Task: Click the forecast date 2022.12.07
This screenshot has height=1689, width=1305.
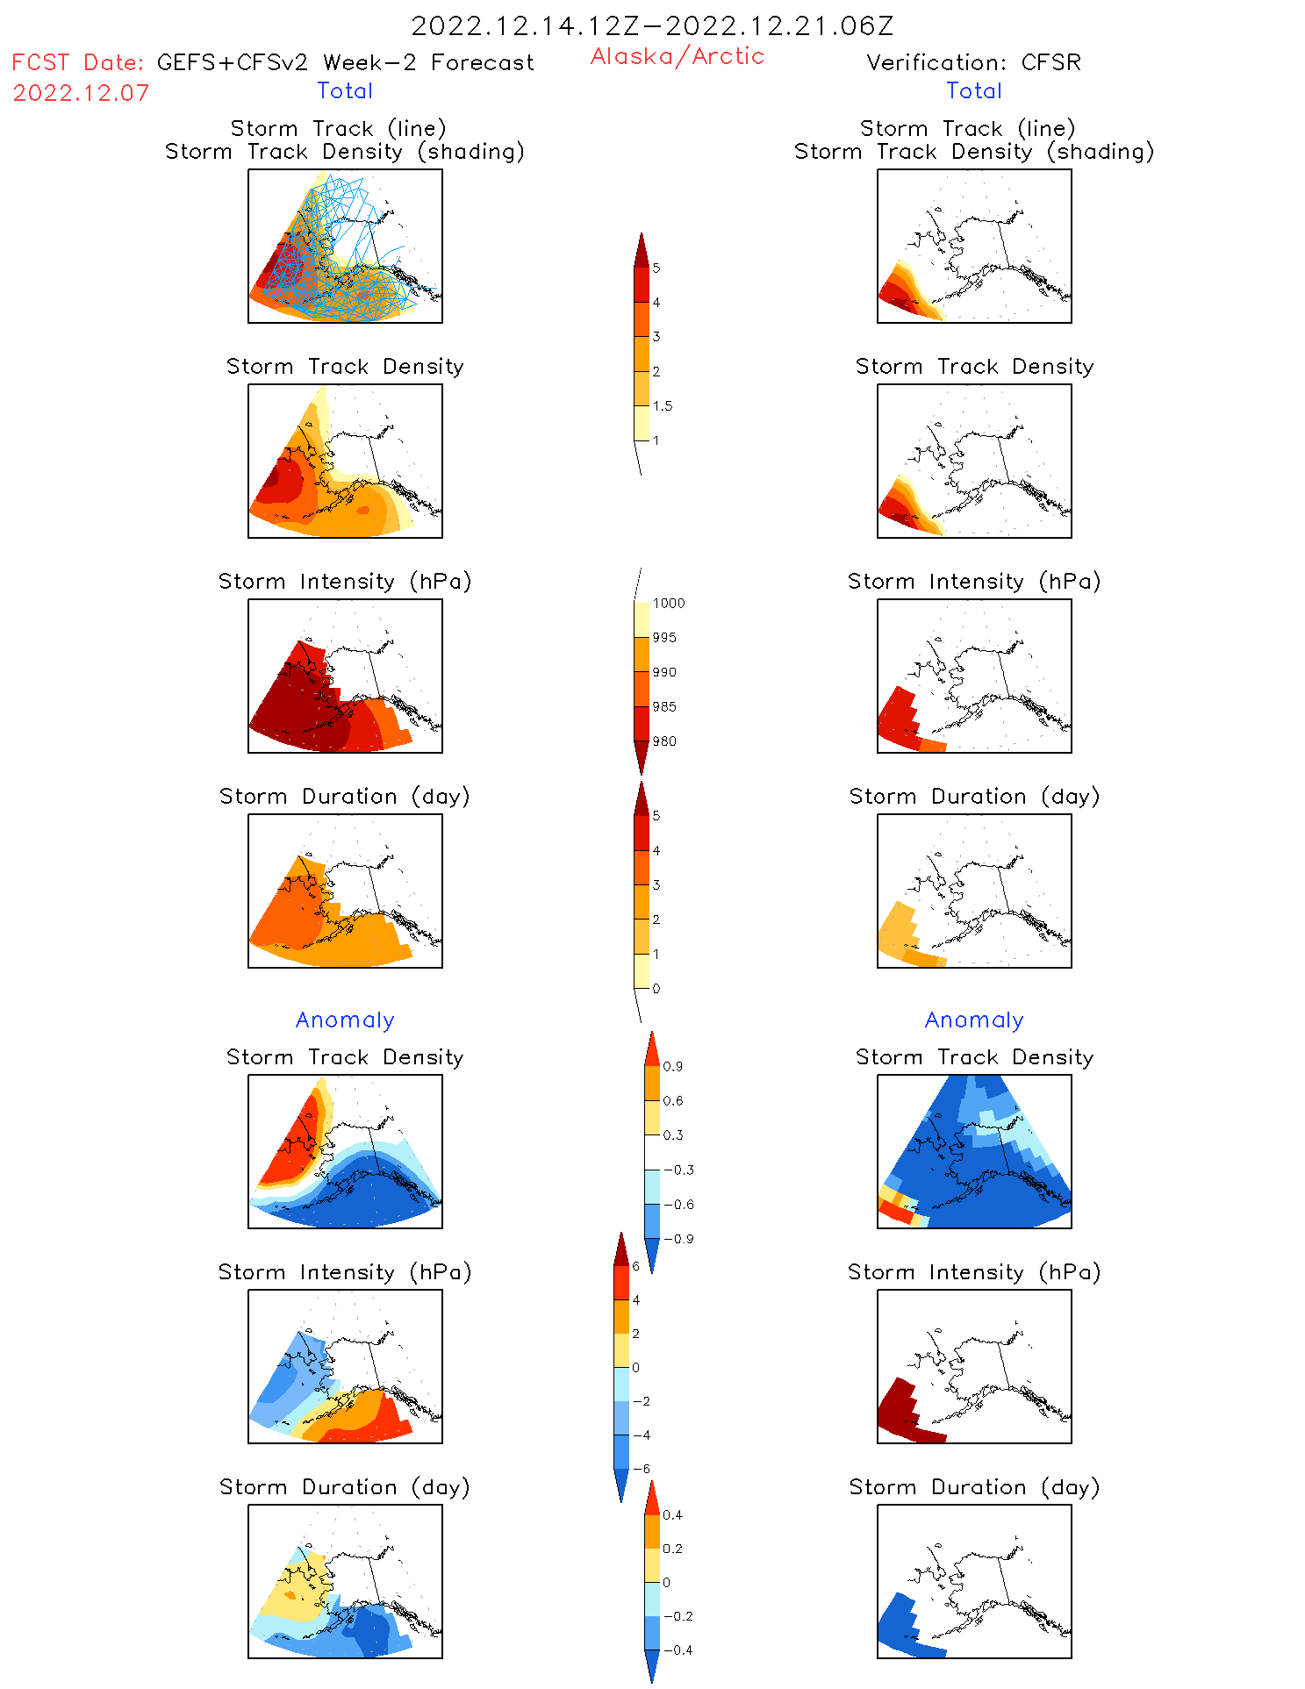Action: click(81, 93)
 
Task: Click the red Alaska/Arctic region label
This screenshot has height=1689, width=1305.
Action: click(677, 56)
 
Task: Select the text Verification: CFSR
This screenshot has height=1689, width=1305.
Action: click(973, 62)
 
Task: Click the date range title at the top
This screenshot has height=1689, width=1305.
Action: click(652, 25)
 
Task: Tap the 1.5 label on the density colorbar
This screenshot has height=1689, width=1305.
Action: click(663, 406)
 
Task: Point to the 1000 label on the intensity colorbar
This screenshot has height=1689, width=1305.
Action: click(669, 604)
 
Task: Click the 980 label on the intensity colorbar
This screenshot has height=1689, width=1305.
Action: click(664, 741)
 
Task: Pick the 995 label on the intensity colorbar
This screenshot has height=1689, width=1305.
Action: click(664, 638)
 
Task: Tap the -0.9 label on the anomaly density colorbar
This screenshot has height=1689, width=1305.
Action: click(678, 1239)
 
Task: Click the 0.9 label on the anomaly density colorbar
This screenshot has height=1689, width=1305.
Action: click(673, 1067)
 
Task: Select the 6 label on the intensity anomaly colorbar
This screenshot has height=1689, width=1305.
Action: click(636, 1266)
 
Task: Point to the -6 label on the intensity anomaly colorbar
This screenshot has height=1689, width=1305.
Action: click(642, 1469)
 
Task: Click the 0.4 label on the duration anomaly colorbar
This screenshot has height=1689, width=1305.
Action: click(673, 1515)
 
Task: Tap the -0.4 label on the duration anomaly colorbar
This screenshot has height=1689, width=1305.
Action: click(678, 1650)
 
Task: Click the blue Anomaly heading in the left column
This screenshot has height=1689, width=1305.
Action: click(345, 1020)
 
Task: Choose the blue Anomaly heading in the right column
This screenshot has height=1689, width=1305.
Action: click(974, 1020)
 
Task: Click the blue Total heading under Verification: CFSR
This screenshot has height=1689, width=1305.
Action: click(974, 91)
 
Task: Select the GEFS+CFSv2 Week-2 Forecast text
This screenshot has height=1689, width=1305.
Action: click(346, 62)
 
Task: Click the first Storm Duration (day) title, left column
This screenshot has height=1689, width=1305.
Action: click(345, 797)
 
